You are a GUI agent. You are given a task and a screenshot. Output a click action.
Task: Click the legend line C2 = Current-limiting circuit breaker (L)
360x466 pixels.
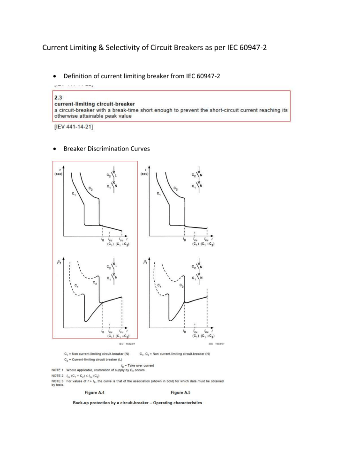pyautogui.click(x=97, y=359)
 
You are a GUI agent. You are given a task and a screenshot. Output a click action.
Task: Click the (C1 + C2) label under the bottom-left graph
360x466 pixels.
pyautogui.click(x=122, y=337)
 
